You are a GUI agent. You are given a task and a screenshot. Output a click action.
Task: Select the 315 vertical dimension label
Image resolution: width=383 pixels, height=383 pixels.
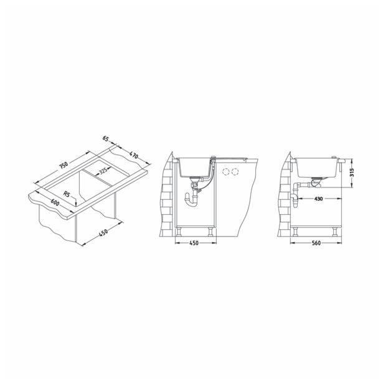pos(352,172)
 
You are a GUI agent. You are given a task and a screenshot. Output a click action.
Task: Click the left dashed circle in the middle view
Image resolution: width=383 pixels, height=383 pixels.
pos(225,171)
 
